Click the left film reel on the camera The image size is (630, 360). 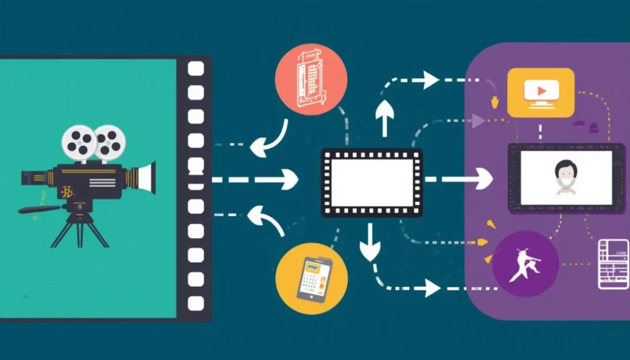(79, 142)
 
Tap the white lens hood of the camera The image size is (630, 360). (146, 177)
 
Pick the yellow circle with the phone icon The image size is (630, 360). (312, 279)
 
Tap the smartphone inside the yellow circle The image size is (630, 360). (313, 279)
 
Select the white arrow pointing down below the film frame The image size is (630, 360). (370, 242)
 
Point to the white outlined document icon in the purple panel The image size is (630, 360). (613, 263)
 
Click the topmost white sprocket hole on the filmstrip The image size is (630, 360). (196, 69)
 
